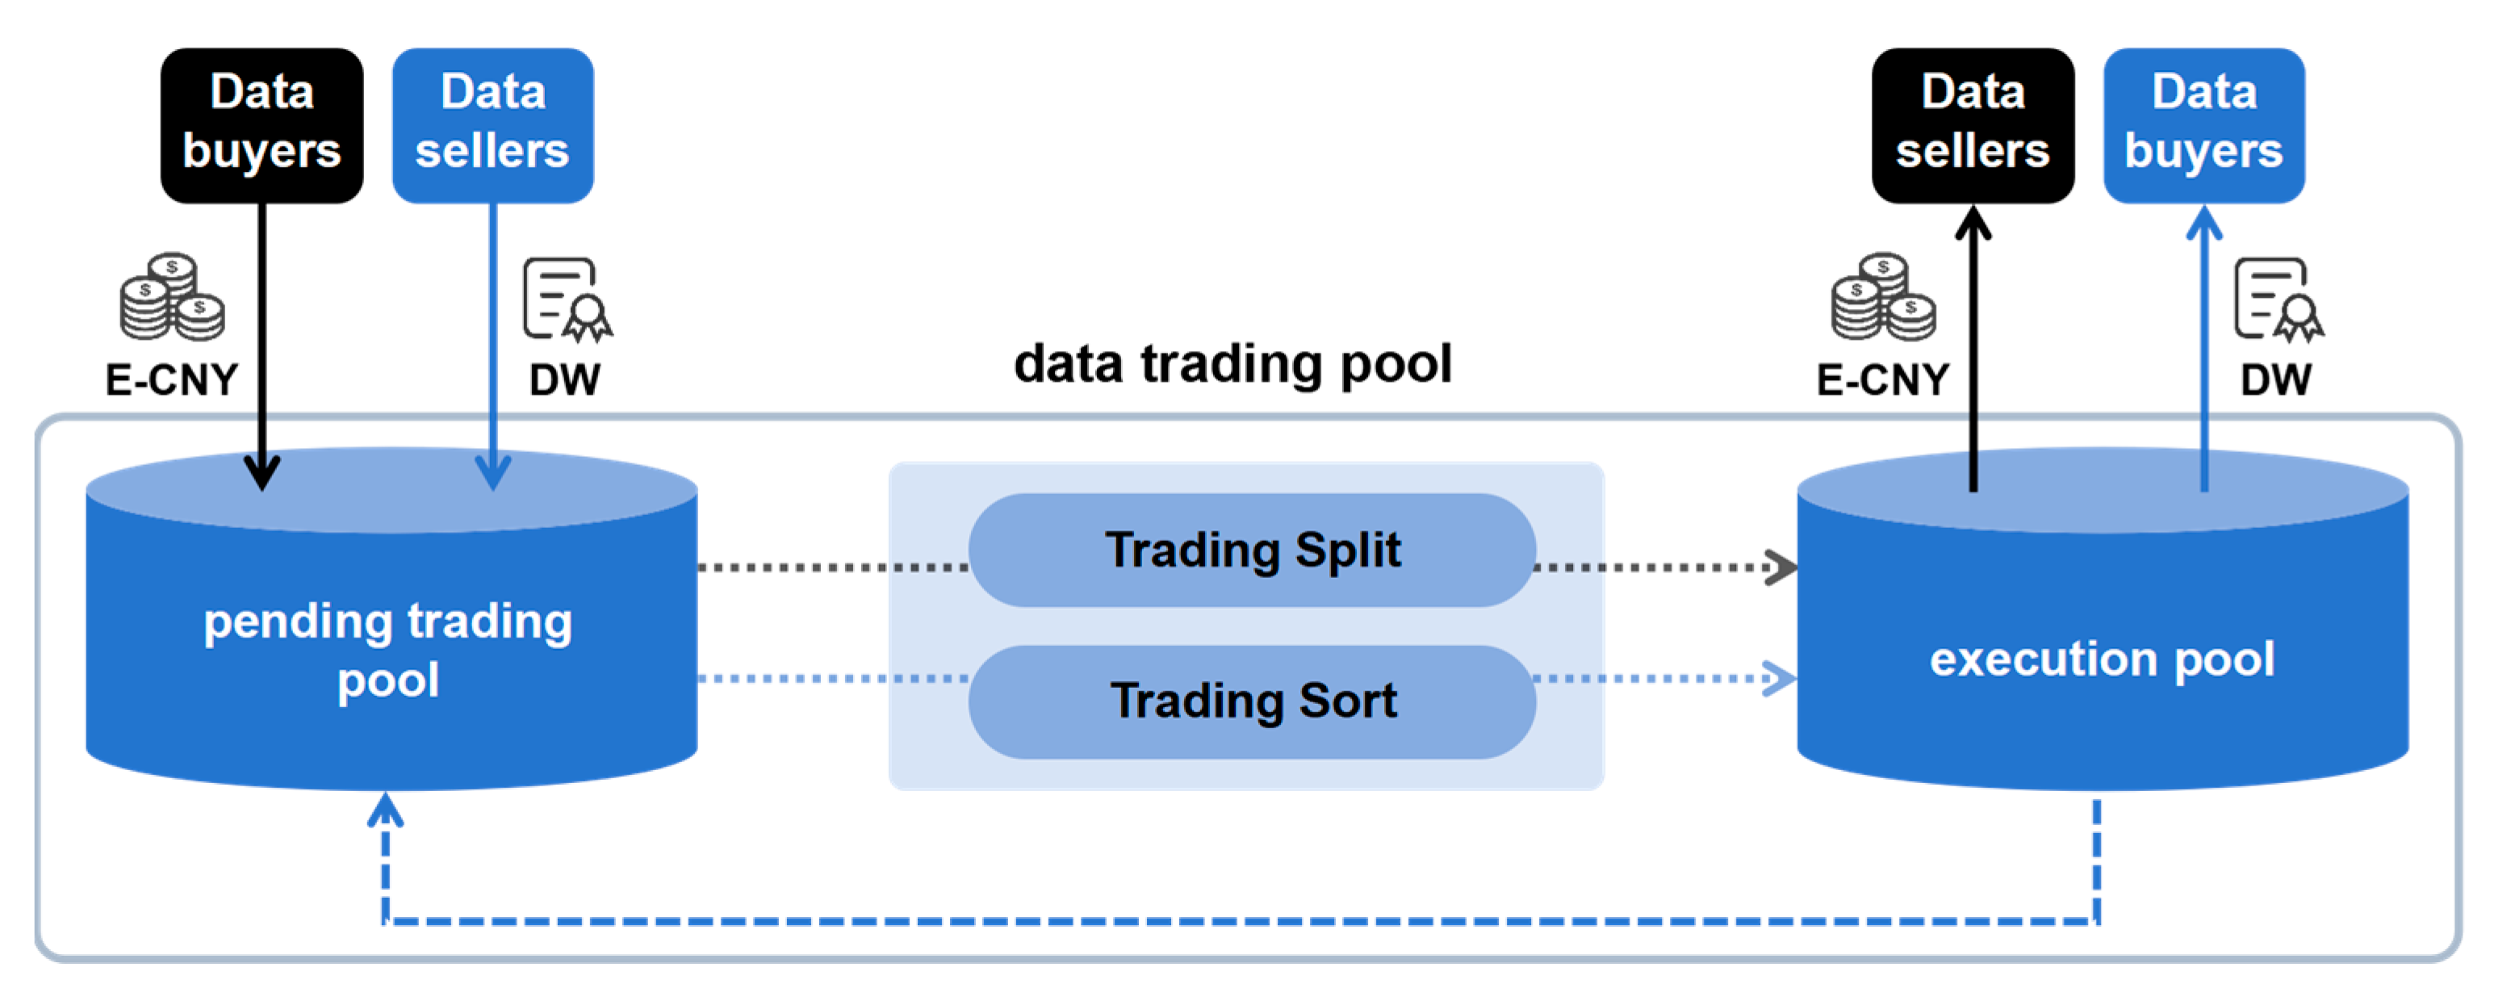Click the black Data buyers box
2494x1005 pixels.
point(262,125)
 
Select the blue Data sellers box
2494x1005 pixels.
point(493,125)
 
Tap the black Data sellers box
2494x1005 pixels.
point(1973,125)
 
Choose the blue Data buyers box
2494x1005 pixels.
point(2204,125)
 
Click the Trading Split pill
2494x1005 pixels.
point(1252,550)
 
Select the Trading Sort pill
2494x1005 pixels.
point(1252,701)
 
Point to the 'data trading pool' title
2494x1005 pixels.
point(1232,365)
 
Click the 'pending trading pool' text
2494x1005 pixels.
point(388,650)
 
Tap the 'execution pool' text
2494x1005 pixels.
point(2102,660)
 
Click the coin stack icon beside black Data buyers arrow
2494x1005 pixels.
point(173,297)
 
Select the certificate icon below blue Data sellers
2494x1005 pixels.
point(567,300)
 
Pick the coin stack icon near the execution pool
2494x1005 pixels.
point(1883,297)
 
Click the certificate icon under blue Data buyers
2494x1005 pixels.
point(2279,300)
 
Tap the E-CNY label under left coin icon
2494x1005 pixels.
point(171,379)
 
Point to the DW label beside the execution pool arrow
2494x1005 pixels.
point(2276,379)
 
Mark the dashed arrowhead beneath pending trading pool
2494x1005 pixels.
point(385,810)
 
